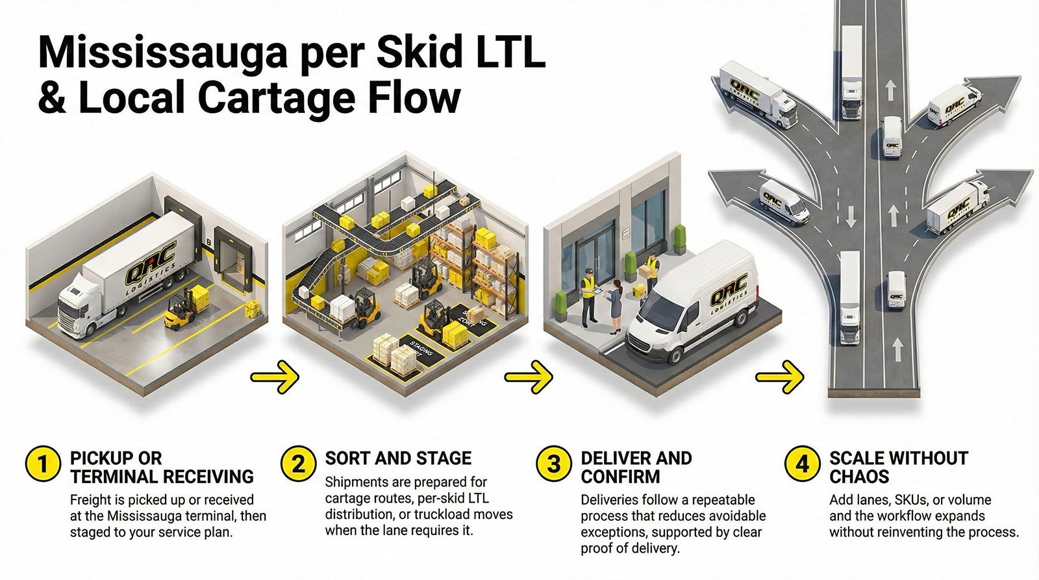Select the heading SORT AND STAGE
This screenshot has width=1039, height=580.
click(x=398, y=458)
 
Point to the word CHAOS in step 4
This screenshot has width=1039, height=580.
click(x=859, y=477)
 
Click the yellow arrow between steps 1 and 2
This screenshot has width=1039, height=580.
click(x=275, y=377)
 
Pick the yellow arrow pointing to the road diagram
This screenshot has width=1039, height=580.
click(x=780, y=377)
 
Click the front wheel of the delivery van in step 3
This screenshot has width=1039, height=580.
click(x=675, y=353)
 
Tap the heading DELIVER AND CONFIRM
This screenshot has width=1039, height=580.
click(x=636, y=467)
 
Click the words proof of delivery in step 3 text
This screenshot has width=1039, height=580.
click(x=630, y=549)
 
